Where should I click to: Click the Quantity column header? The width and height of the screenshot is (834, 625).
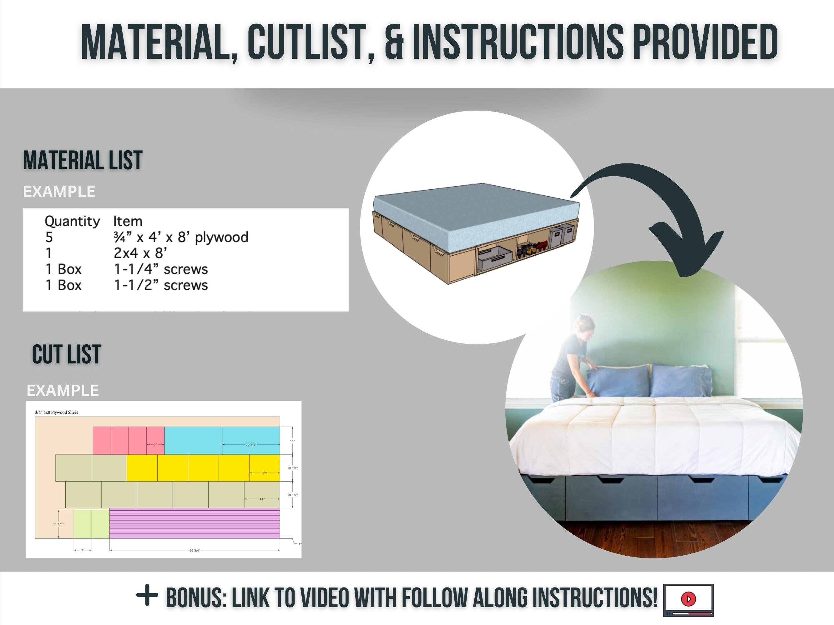tap(72, 221)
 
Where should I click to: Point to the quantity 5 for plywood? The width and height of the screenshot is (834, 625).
tap(49, 237)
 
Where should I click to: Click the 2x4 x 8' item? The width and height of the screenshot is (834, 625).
tap(140, 253)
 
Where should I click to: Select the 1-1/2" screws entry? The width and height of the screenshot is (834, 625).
tap(161, 285)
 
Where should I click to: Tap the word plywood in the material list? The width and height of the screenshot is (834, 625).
tap(221, 237)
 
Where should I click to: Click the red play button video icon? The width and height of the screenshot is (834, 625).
tap(689, 598)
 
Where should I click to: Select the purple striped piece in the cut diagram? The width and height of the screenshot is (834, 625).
tap(195, 523)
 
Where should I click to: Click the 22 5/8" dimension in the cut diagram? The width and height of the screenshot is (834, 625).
tap(251, 445)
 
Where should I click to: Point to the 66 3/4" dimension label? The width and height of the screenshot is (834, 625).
tap(195, 550)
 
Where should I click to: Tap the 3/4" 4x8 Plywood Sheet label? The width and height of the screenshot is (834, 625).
tap(56, 412)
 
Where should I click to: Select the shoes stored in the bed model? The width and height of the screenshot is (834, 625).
tap(532, 249)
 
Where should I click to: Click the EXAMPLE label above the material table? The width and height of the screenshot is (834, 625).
tap(59, 192)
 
